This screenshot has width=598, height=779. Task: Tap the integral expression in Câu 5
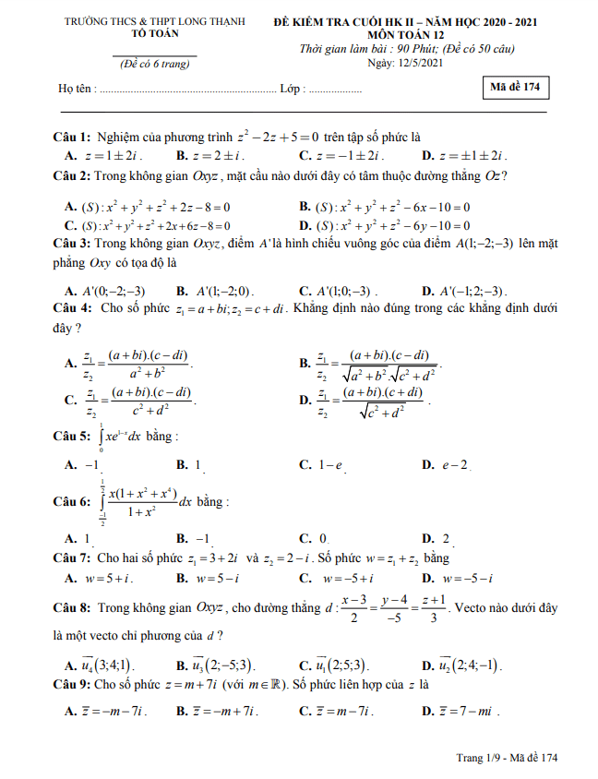(x=123, y=437)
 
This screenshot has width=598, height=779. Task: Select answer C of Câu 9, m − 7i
(x=341, y=711)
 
